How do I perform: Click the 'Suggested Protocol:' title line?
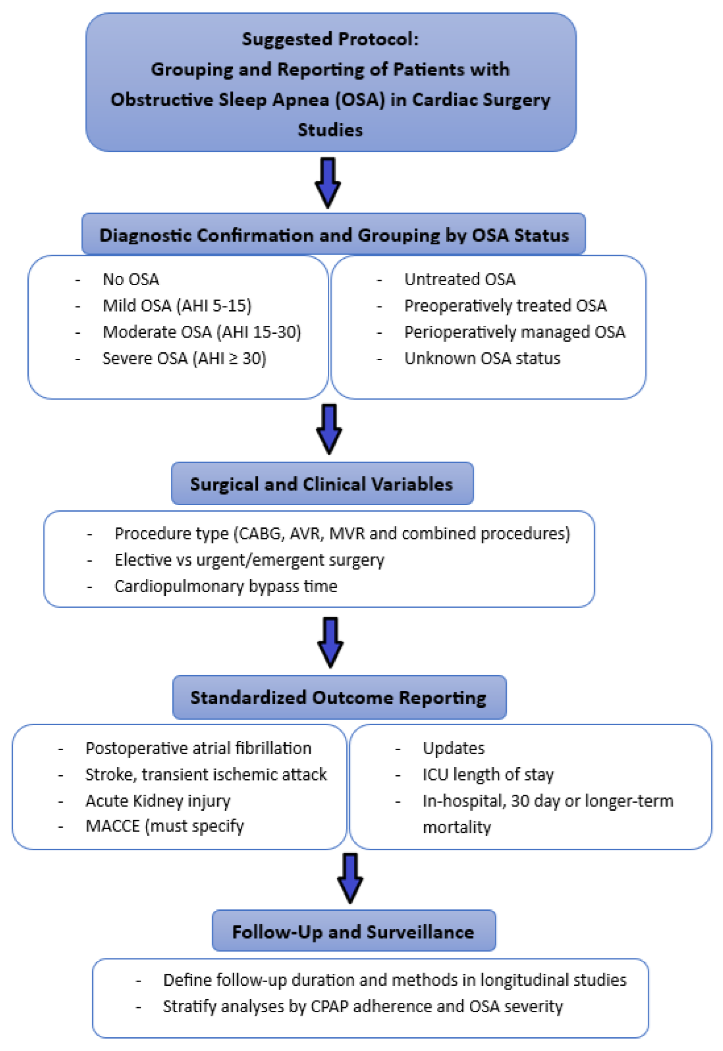click(x=330, y=39)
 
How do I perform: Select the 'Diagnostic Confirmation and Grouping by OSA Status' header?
click(x=333, y=235)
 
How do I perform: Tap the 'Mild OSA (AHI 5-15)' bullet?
click(x=177, y=305)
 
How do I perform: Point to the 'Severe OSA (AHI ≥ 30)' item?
click(x=184, y=358)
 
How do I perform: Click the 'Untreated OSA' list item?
click(x=459, y=279)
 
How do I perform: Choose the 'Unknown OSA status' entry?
click(x=482, y=358)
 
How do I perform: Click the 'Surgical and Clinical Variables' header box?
click(x=322, y=484)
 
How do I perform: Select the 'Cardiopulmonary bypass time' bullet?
click(x=226, y=586)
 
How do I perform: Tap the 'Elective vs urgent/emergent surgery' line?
click(x=249, y=559)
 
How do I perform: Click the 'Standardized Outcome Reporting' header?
click(x=339, y=697)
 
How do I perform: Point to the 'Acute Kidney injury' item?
click(x=158, y=801)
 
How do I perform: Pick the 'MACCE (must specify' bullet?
click(x=164, y=826)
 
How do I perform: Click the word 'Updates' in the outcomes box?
click(x=453, y=748)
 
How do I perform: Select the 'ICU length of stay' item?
click(x=488, y=774)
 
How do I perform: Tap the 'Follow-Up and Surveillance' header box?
click(x=353, y=932)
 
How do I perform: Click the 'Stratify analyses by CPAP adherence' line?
click(x=363, y=1006)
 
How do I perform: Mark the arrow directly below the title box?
click(x=328, y=182)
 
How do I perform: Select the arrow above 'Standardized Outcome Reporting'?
click(x=330, y=642)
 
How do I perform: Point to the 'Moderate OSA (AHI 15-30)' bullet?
click(x=202, y=332)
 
